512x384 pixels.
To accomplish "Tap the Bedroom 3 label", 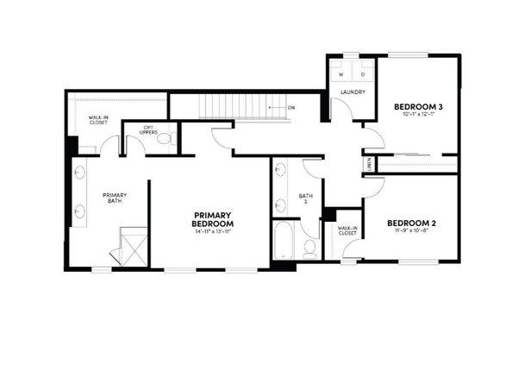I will tap(418, 107).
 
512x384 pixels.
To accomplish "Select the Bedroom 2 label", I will tap(411, 223).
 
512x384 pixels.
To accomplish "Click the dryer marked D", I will tap(363, 74).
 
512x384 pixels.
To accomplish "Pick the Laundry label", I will tap(353, 92).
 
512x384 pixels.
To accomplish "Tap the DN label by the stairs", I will tap(291, 107).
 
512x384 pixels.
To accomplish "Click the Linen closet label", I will tap(370, 162).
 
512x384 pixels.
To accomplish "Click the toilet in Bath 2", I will tap(309, 247).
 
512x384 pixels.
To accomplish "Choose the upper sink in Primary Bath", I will tap(79, 172).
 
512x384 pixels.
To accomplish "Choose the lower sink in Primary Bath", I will tap(79, 210).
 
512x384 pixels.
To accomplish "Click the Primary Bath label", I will tap(115, 198).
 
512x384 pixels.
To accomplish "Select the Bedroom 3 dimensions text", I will tap(418, 116).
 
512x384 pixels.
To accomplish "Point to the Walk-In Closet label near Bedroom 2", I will tap(347, 230).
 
